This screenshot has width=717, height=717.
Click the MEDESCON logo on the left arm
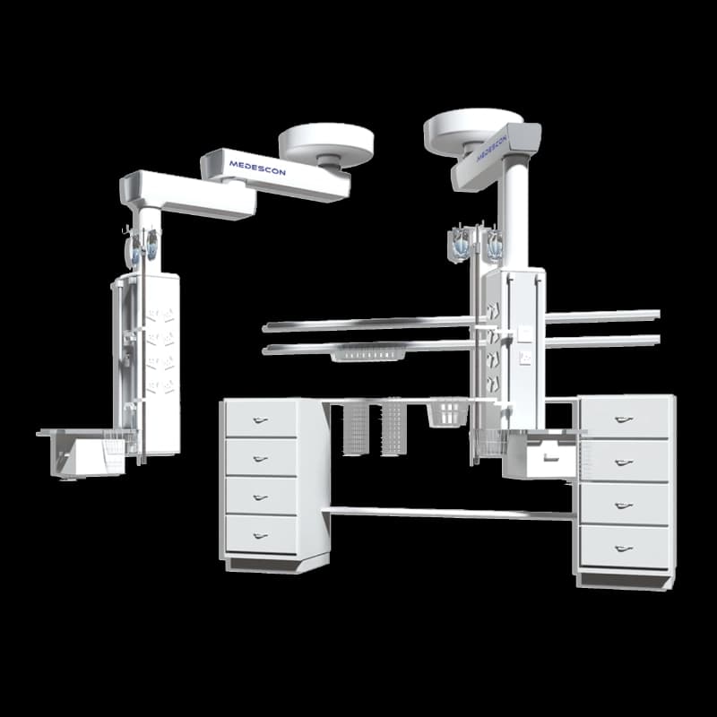tap(257, 168)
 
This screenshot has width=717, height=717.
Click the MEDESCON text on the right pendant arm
tap(492, 147)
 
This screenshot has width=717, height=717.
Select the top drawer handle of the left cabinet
tap(260, 419)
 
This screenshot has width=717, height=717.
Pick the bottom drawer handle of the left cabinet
tap(260, 536)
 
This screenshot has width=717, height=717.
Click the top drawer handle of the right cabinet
tap(624, 419)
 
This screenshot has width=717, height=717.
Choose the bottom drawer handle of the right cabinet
tap(624, 549)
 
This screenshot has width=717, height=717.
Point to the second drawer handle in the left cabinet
tap(260, 459)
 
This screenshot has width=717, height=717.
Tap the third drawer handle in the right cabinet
tap(624, 505)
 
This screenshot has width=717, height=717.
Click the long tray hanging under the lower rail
tap(368, 353)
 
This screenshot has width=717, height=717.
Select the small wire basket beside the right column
tap(448, 413)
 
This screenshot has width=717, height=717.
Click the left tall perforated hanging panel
tap(356, 429)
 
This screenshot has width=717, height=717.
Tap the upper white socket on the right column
tap(524, 333)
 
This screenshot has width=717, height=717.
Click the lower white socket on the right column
tap(525, 358)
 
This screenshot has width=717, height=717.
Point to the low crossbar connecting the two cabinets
tap(451, 513)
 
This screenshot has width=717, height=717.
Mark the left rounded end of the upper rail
tap(265, 327)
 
